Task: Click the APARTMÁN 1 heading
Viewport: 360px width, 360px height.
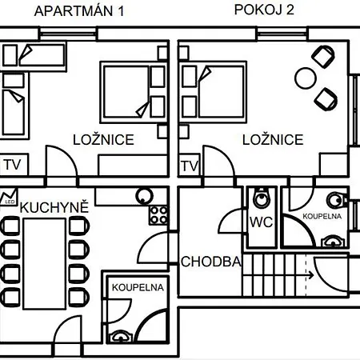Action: click(x=79, y=11)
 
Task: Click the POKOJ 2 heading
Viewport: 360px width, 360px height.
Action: click(x=264, y=10)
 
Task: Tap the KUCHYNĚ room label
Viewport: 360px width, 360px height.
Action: click(x=54, y=207)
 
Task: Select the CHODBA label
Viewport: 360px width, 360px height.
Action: click(x=211, y=262)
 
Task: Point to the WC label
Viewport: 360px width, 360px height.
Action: click(x=262, y=222)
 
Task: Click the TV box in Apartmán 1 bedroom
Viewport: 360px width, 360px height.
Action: click(x=14, y=165)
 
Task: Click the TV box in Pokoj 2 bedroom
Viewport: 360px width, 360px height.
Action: click(x=190, y=165)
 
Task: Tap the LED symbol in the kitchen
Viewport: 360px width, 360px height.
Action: click(x=9, y=197)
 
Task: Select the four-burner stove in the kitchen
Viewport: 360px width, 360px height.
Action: click(x=158, y=215)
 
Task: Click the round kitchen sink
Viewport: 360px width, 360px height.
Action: click(x=144, y=196)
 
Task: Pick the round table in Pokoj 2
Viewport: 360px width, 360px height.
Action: click(x=306, y=78)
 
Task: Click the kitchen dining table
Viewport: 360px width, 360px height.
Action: click(x=45, y=263)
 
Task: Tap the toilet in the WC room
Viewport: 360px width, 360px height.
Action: click(x=262, y=198)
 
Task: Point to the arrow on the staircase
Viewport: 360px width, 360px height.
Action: click(x=310, y=275)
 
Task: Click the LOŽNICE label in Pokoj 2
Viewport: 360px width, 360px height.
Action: click(x=273, y=140)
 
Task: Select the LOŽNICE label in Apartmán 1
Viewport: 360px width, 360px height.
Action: click(x=103, y=140)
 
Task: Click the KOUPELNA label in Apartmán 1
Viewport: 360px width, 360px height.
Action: click(x=138, y=287)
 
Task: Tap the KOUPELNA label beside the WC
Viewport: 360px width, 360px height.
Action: click(x=322, y=216)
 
